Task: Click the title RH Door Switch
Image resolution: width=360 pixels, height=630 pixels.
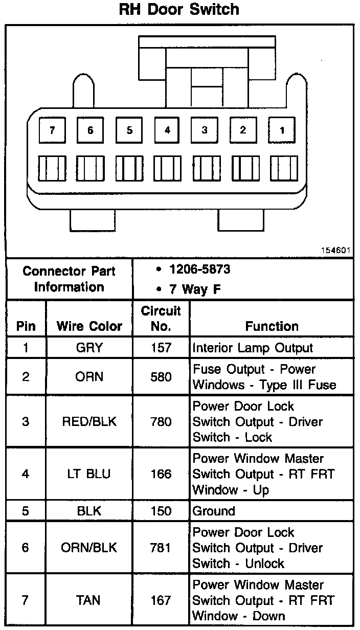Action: point(179,10)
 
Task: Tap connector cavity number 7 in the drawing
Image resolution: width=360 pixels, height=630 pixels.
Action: point(52,130)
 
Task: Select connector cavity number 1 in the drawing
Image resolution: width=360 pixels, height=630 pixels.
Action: point(282,130)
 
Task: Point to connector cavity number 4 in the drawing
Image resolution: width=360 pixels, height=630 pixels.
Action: point(167,130)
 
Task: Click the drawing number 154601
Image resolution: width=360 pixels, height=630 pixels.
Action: point(336,251)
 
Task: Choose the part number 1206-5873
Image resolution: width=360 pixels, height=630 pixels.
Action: point(200,269)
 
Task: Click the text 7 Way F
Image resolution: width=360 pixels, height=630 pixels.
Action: point(195,289)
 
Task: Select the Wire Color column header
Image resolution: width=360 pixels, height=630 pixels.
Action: point(89,326)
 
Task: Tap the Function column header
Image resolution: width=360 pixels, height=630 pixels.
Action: point(272,326)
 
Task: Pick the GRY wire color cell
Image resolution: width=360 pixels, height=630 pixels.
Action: point(89,348)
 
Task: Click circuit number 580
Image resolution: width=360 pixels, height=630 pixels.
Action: point(161,377)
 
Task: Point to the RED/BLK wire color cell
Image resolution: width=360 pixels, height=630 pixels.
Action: point(89,422)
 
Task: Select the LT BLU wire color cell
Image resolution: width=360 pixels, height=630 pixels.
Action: point(89,474)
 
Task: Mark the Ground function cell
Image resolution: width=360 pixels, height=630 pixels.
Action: point(214,511)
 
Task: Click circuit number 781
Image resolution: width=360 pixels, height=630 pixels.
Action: point(161,548)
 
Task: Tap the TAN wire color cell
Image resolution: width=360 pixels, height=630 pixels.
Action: point(89,600)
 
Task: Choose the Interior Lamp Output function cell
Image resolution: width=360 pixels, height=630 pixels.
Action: point(253,348)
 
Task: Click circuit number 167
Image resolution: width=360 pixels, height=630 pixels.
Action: point(161,600)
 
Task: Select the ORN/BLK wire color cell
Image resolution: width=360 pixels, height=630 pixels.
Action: point(89,548)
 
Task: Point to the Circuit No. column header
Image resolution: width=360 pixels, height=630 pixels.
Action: point(161,319)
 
